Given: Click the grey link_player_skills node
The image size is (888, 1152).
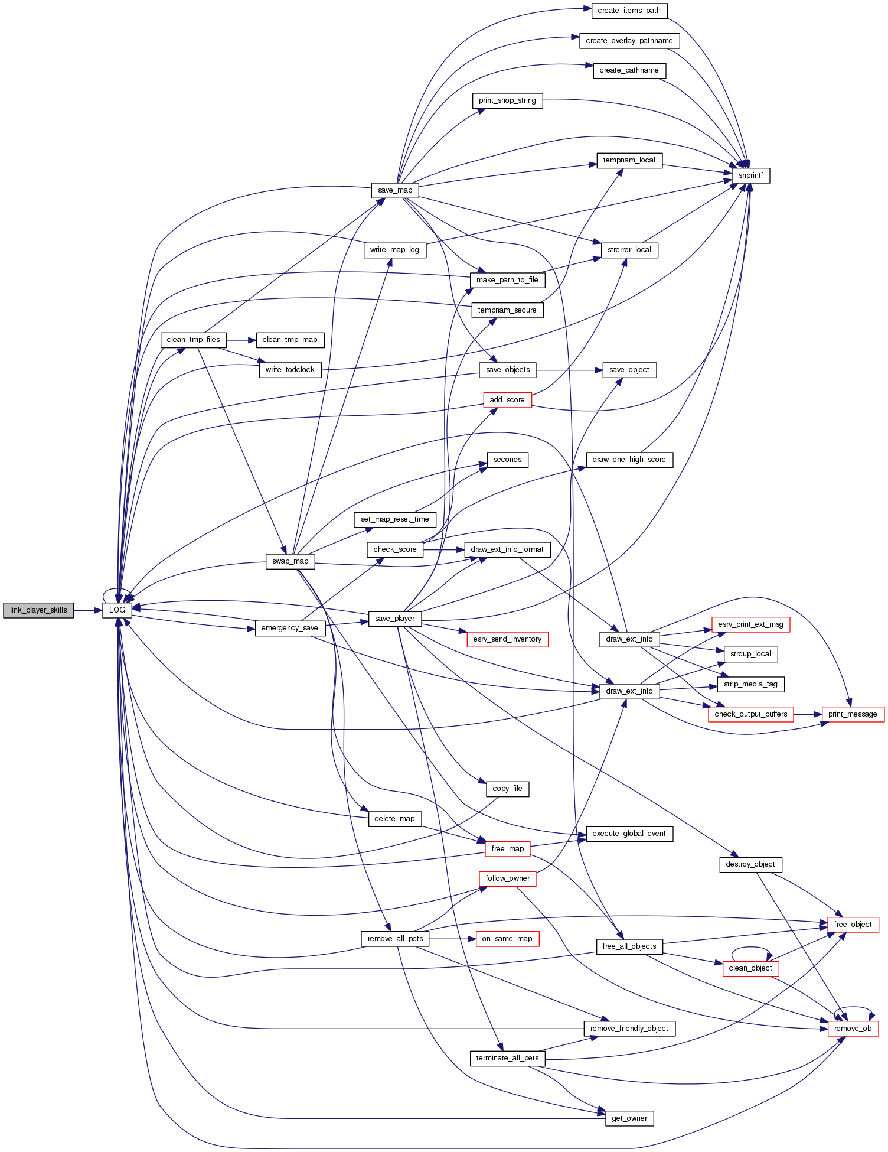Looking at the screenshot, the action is point(38,610).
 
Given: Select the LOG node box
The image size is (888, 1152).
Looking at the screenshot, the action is point(117,610).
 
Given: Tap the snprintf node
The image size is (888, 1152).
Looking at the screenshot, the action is point(750,175).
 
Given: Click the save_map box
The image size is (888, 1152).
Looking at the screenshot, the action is point(395,190).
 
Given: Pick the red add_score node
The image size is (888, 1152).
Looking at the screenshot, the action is point(507,400).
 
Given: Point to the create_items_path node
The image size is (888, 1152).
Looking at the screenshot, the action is point(629,11).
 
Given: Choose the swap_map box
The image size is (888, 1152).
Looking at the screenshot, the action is point(290,561).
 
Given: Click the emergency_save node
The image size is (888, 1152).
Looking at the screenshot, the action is point(289,628).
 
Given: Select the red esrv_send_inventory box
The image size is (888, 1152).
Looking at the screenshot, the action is point(507,639).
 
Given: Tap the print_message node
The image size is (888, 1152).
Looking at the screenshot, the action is point(853,714).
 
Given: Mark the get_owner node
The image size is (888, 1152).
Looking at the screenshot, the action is point(629,1118).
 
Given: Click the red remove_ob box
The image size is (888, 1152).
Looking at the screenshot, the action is point(853,1029).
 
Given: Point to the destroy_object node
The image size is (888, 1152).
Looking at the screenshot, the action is point(750,864).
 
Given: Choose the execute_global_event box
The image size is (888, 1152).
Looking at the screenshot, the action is point(629,834).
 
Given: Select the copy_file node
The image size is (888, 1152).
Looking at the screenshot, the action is point(507,789).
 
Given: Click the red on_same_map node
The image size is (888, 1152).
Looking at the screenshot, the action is point(507,939).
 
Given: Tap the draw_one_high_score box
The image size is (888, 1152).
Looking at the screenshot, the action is point(629,460).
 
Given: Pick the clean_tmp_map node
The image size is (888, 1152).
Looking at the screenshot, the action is point(289,340).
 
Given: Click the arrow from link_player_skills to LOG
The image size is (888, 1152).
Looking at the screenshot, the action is point(89,610).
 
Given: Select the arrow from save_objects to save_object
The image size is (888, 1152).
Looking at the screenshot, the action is point(569,370).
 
